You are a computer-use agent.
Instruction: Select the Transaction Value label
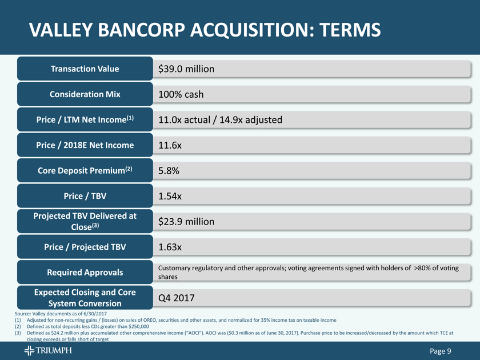(85, 69)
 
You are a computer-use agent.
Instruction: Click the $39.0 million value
(186, 69)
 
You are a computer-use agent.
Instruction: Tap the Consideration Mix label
(85, 94)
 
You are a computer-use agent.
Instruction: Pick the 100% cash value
(181, 94)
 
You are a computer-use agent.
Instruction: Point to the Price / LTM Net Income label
(85, 119)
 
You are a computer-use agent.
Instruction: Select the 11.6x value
(170, 146)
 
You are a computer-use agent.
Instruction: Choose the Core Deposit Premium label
(85, 171)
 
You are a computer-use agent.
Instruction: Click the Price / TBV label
(85, 197)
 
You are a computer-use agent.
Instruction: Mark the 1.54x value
(170, 197)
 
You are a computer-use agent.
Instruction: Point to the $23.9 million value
(186, 222)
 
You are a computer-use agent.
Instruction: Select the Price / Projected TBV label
(85, 247)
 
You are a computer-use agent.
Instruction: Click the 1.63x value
(170, 247)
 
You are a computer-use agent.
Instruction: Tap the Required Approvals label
(85, 272)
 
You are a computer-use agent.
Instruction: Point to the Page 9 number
(441, 351)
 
